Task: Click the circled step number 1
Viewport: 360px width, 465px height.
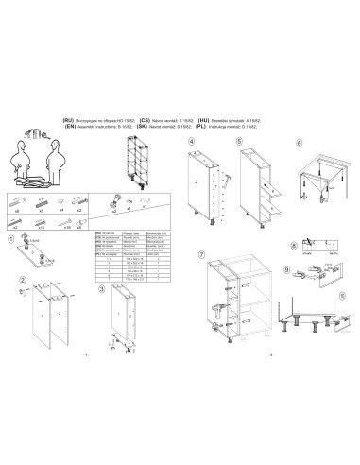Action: [10, 240]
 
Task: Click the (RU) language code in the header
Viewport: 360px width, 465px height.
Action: [69, 121]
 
